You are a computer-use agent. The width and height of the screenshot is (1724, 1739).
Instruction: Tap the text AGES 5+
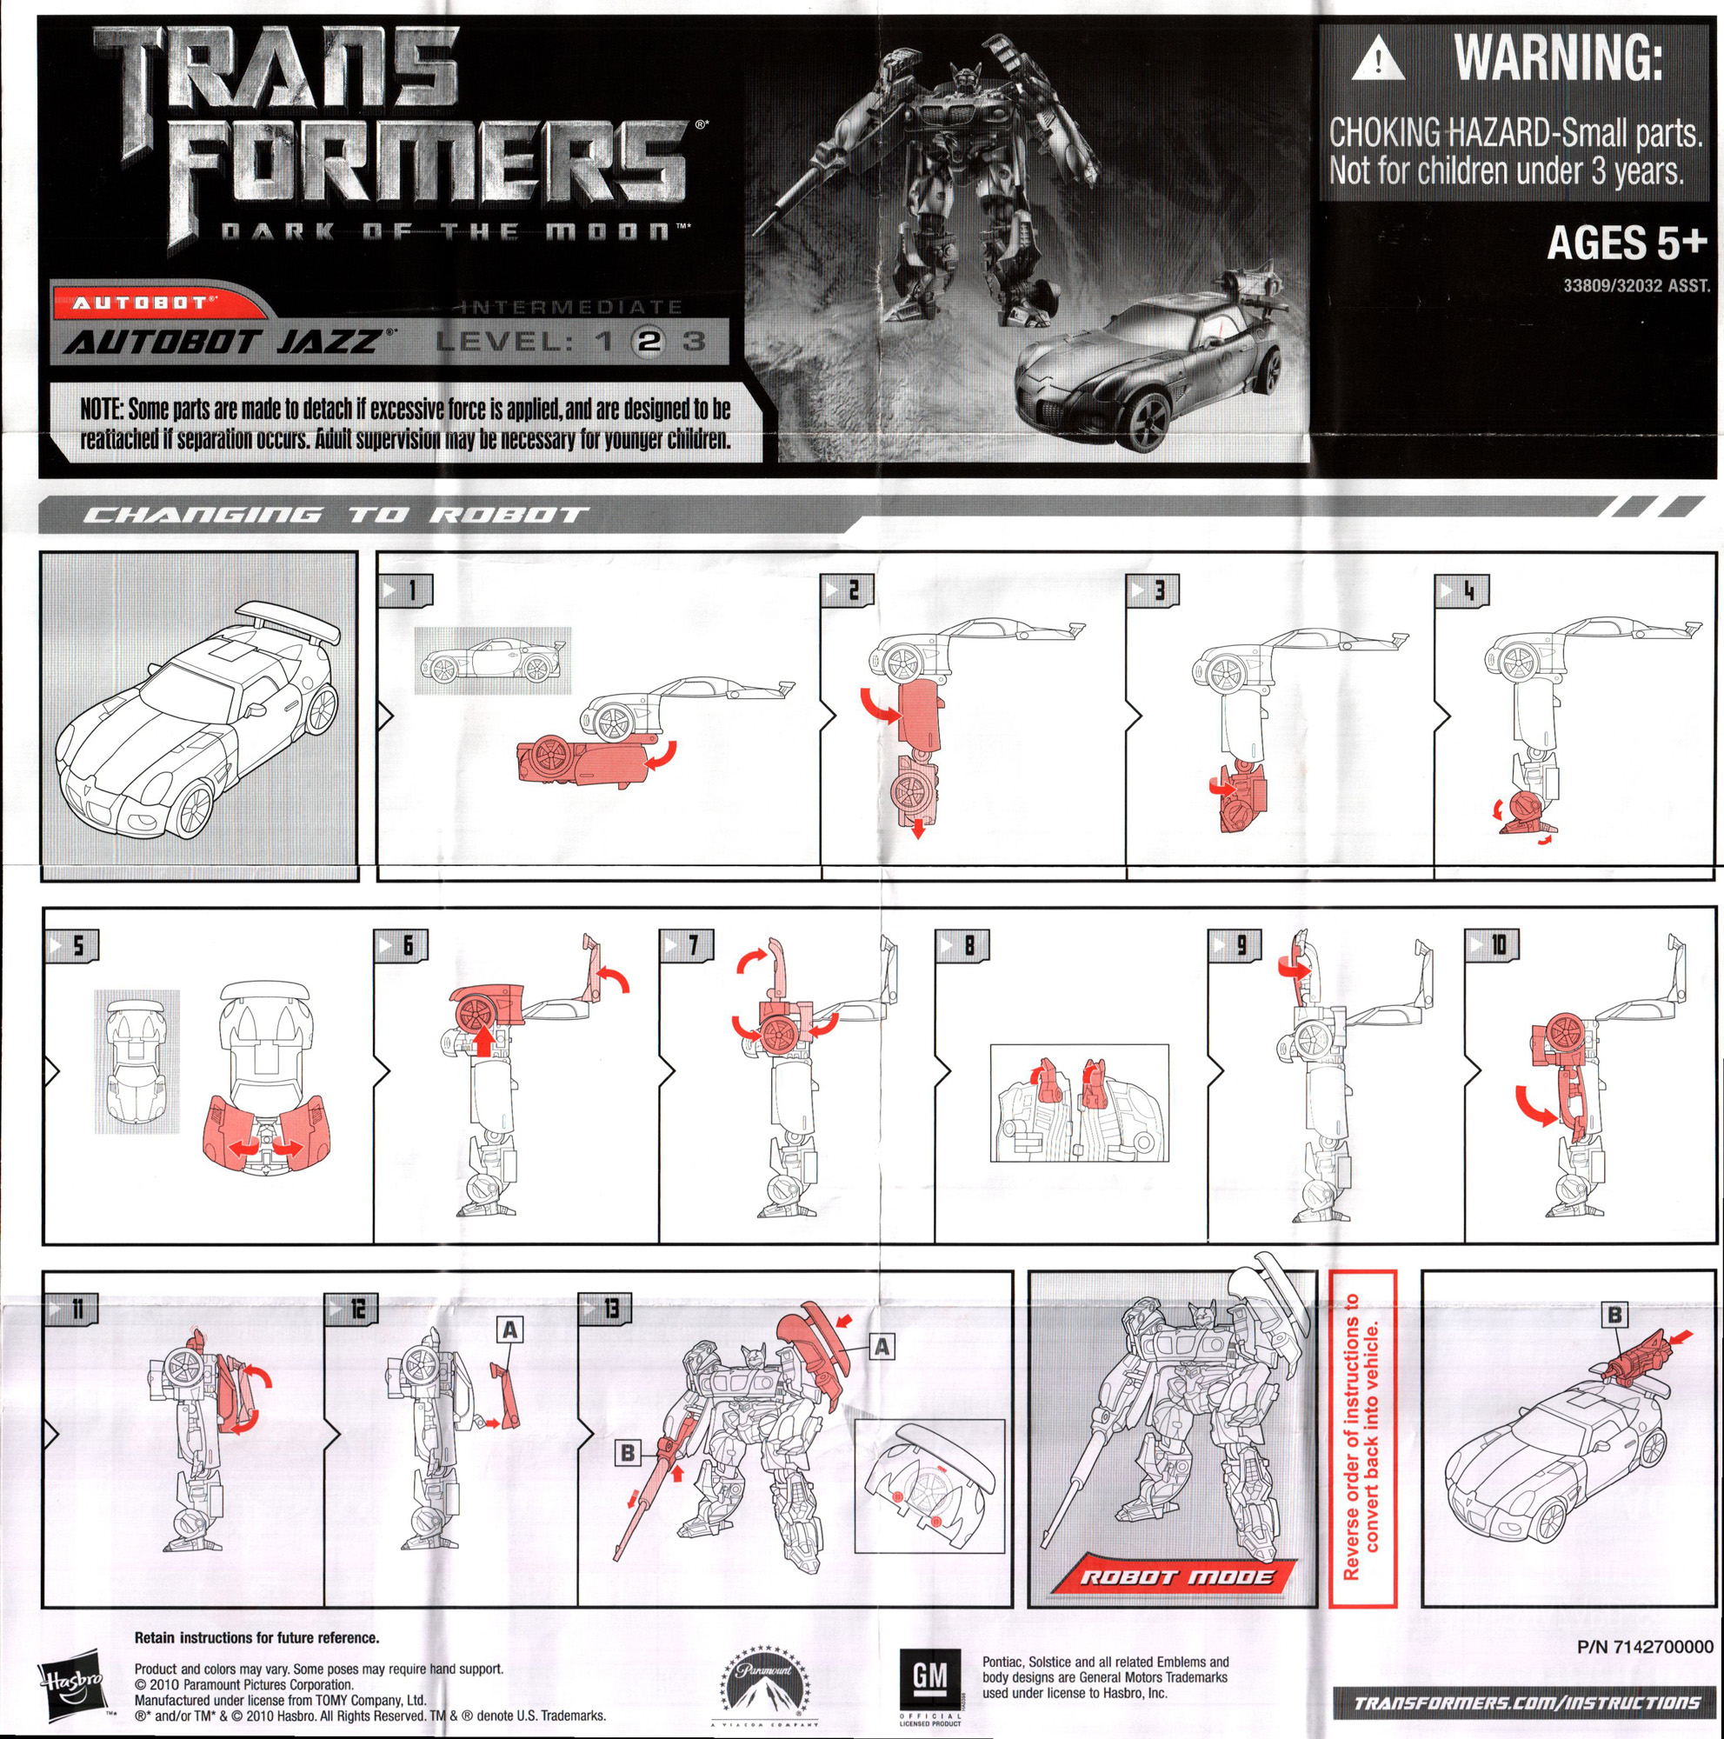pos(1626,243)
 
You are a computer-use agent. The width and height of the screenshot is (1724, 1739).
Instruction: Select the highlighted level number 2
pos(649,341)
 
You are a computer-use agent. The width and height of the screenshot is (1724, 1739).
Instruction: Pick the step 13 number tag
pos(604,1308)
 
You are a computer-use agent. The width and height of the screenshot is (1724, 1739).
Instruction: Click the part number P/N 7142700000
pos(1644,1647)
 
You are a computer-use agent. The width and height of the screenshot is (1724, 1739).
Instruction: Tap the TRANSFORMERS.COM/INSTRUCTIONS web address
pos(1526,1702)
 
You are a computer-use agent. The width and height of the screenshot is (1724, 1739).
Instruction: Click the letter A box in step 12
pos(509,1329)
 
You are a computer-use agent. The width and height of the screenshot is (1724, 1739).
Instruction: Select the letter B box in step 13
pos(627,1452)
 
